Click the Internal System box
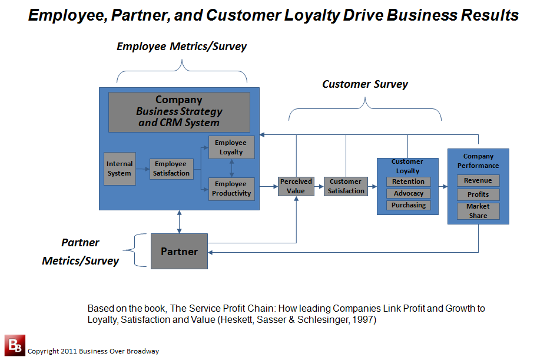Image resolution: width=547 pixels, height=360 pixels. (120, 169)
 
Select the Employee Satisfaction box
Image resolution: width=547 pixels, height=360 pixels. (171, 169)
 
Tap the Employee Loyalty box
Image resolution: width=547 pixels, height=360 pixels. (231, 147)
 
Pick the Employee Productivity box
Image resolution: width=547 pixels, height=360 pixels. (231, 189)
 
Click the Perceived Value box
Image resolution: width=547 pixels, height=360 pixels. (296, 186)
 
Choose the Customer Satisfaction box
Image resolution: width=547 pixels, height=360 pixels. (346, 186)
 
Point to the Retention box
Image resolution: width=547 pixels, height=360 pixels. (409, 181)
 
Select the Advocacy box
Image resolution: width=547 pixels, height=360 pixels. (409, 193)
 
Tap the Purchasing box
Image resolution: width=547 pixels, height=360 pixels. (409, 205)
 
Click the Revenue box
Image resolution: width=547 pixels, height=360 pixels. (478, 180)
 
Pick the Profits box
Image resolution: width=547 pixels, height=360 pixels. (478, 194)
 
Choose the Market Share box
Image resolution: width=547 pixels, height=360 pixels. (478, 211)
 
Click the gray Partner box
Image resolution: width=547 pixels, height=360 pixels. (180, 252)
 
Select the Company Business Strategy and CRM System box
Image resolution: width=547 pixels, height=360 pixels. (180, 112)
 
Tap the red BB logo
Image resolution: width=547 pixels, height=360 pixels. (15, 345)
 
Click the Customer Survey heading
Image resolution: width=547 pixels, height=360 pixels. (365, 84)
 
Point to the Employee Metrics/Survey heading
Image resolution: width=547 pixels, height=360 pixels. (181, 47)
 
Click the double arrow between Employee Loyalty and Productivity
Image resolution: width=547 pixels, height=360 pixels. (231, 169)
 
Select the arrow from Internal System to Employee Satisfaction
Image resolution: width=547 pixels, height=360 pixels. (142, 169)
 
